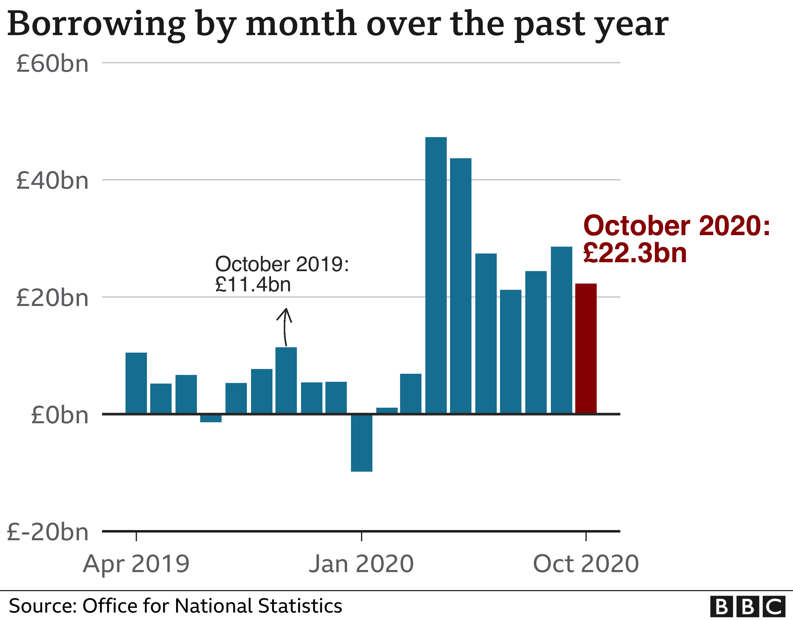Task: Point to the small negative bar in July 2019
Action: tap(211, 418)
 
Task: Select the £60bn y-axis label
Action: tap(52, 64)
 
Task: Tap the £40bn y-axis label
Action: tap(52, 181)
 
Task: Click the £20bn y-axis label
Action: tap(52, 298)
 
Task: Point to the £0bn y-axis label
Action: tap(59, 415)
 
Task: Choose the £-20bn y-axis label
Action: tap(48, 532)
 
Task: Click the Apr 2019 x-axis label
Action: tap(136, 564)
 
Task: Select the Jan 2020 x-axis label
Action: tap(361, 564)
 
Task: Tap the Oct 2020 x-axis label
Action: tap(586, 564)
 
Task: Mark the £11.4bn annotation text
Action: tap(253, 285)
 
